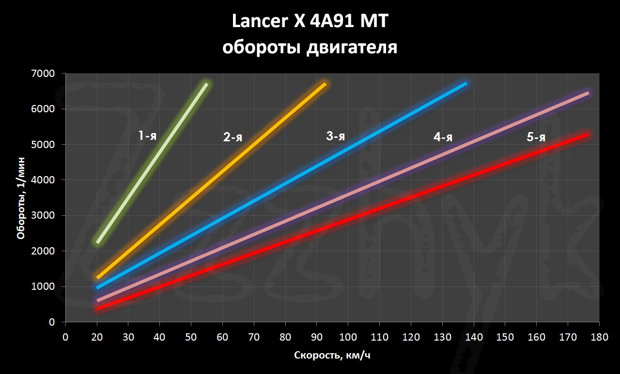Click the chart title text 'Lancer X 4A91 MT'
[310, 22]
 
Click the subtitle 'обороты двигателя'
[310, 47]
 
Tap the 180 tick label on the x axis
[599, 336]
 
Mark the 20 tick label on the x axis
[97, 336]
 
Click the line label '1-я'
[147, 136]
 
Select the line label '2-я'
[232, 137]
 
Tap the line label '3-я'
[335, 136]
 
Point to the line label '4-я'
[443, 137]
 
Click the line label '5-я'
[536, 137]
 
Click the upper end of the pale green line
[207, 84]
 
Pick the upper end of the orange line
[325, 84]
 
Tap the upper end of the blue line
[466, 84]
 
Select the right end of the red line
[588, 134]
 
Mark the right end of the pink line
[588, 93]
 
